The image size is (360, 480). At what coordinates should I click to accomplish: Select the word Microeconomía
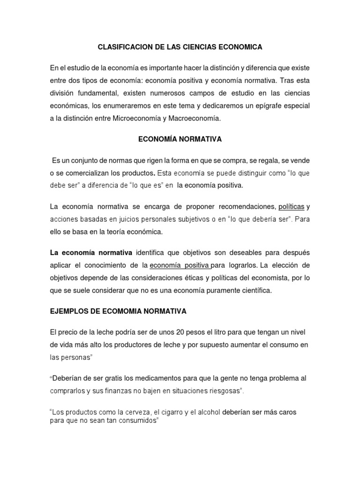click(x=136, y=119)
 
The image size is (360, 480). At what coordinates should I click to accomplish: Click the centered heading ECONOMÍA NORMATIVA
click(x=180, y=139)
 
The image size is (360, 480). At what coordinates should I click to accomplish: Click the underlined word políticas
click(x=292, y=207)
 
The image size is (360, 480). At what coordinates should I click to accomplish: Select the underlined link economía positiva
click(x=180, y=265)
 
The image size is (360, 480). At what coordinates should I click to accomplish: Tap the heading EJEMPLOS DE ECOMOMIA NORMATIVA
click(x=118, y=311)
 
